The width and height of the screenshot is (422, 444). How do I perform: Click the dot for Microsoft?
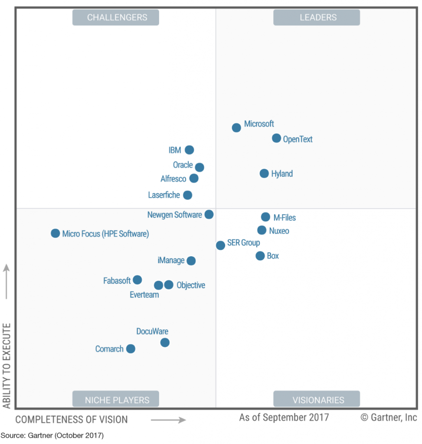click(236, 127)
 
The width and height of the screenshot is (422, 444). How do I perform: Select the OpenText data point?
click(277, 138)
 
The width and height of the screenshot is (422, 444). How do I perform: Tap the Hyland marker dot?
click(264, 173)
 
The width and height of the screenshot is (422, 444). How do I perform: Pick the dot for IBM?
click(189, 150)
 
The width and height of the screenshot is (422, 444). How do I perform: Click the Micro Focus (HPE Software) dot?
click(55, 233)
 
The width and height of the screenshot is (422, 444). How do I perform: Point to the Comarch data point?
click(131, 349)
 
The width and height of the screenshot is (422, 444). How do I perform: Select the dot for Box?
click(260, 256)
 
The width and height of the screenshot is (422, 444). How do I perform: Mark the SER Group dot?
click(220, 245)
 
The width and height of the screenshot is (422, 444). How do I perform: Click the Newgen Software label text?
click(174, 215)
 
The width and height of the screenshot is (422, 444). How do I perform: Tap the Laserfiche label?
click(164, 195)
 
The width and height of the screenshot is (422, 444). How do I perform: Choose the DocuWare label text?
click(152, 331)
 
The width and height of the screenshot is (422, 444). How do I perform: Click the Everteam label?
click(144, 295)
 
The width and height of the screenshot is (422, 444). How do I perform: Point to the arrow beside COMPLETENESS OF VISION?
click(168, 420)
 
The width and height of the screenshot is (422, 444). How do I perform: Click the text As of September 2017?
click(284, 418)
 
